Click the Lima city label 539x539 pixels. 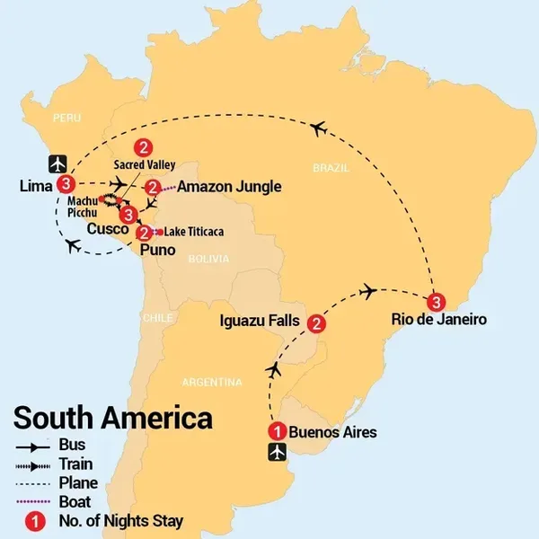36,186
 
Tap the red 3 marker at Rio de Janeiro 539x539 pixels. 437,303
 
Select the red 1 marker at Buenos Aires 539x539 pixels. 278,431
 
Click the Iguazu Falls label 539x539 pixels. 260,321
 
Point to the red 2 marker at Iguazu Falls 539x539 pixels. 316,323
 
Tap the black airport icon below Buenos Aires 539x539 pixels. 277,452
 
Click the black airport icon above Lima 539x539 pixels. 57,164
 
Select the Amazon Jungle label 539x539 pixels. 229,187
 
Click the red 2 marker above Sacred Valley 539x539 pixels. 144,148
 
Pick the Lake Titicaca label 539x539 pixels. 194,232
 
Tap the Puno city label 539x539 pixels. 158,250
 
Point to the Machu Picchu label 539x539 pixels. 83,207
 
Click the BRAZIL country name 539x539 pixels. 331,168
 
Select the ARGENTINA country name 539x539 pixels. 212,383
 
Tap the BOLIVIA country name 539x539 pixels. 208,259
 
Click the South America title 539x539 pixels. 113,418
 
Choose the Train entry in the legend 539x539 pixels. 54,464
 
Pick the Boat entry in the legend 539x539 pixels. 53,502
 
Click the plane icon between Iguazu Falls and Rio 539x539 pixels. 367,292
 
